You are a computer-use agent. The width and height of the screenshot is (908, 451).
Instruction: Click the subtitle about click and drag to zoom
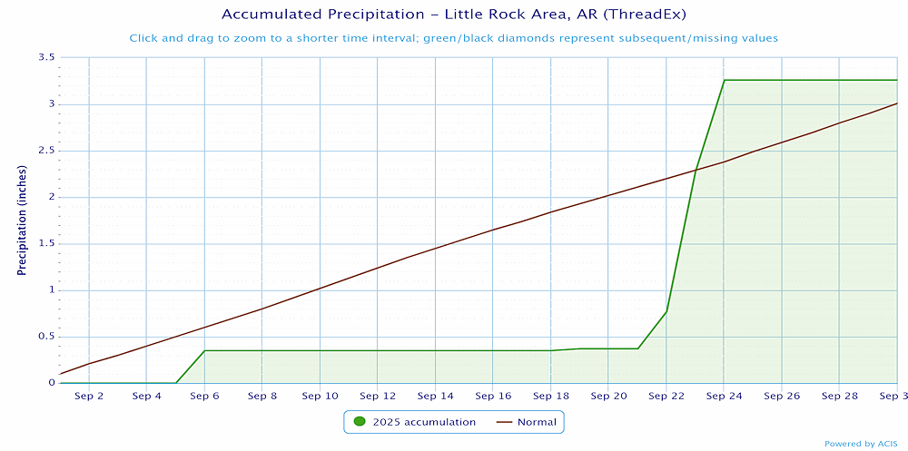pos(453,38)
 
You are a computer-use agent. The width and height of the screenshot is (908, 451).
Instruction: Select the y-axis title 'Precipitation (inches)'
pos(22,221)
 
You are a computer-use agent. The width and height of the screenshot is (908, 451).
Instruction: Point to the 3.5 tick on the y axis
pos(44,58)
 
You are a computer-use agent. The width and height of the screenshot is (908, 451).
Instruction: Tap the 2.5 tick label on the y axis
pos(44,151)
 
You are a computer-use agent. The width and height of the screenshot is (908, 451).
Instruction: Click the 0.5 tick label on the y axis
pos(44,337)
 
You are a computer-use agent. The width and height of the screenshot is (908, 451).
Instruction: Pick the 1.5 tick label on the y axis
pos(44,243)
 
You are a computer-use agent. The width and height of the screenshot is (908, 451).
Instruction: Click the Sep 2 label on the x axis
pos(89,397)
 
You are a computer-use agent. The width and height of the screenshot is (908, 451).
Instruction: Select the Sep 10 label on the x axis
pos(320,397)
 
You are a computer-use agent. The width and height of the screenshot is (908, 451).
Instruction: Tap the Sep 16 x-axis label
pos(493,397)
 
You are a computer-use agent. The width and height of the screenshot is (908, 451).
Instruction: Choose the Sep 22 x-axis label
pos(666,397)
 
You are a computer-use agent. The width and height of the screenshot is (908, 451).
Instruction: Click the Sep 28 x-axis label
pos(839,397)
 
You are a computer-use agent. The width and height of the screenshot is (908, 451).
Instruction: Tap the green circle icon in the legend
pos(360,422)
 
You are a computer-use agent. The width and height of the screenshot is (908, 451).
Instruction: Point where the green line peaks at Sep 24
pos(724,80)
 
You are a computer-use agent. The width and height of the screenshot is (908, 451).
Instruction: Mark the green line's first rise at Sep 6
pos(204,350)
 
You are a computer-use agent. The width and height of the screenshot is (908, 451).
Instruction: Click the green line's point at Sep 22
pos(666,311)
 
